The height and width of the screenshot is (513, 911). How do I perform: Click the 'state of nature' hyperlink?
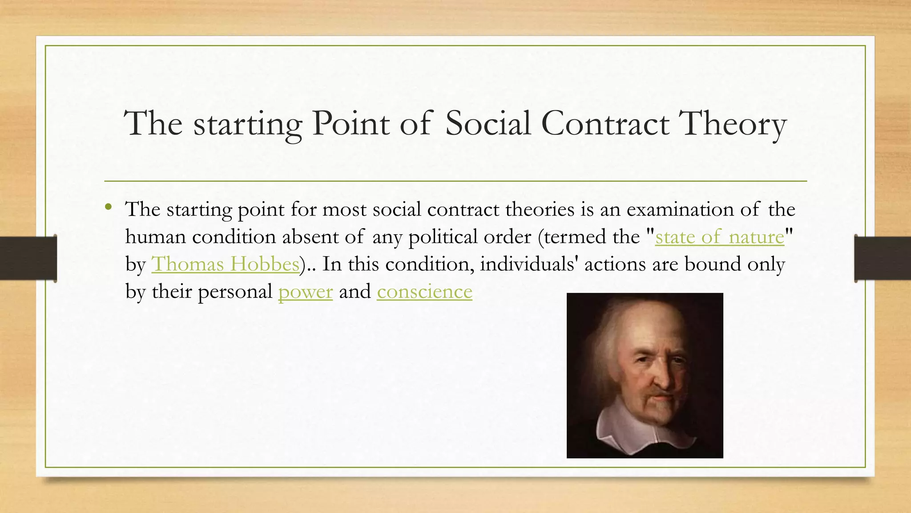click(x=719, y=237)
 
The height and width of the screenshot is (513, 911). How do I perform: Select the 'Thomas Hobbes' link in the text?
click(x=225, y=264)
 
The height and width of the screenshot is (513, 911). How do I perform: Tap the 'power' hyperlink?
click(x=305, y=292)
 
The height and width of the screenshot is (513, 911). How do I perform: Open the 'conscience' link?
click(x=424, y=292)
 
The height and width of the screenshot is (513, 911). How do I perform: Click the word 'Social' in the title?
click(x=488, y=123)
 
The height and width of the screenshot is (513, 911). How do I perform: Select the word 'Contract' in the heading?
click(x=605, y=123)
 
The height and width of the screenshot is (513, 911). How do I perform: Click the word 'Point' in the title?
click(x=351, y=123)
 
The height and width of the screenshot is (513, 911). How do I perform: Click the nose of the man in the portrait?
click(x=662, y=378)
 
